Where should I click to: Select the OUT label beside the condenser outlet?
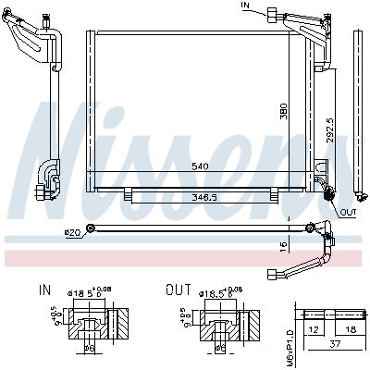348,212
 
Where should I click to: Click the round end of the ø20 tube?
90,228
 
